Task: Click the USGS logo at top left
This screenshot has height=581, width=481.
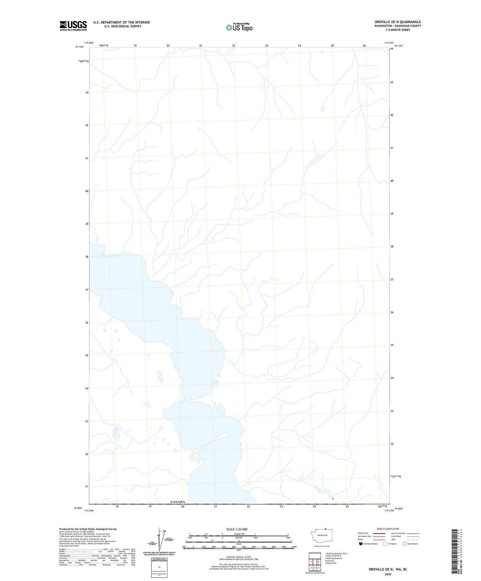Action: pos(73,26)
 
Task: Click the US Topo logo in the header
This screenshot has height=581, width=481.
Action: pos(239,27)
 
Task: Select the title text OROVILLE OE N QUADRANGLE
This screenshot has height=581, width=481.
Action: pos(397,22)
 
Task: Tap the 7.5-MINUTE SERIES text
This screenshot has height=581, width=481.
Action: pos(397,30)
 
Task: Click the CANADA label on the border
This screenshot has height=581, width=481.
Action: pos(177,502)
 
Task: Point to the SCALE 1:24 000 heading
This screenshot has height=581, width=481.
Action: pos(237,529)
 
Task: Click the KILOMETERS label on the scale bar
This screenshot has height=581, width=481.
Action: pos(239,534)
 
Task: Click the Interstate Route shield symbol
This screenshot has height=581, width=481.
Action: pos(361,544)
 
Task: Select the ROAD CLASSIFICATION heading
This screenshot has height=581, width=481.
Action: pos(388,529)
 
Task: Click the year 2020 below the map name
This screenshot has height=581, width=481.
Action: pos(388,574)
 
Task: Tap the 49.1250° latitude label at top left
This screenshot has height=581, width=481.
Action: pos(79,47)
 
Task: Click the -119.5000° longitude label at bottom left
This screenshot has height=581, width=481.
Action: pos(89,510)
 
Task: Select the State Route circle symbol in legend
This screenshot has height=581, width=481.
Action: pos(405,544)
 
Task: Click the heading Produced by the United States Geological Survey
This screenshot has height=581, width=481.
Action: pos(88,529)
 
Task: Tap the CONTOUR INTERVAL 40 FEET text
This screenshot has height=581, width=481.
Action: pos(239,557)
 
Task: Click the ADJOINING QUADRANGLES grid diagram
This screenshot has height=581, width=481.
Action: pos(315,561)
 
